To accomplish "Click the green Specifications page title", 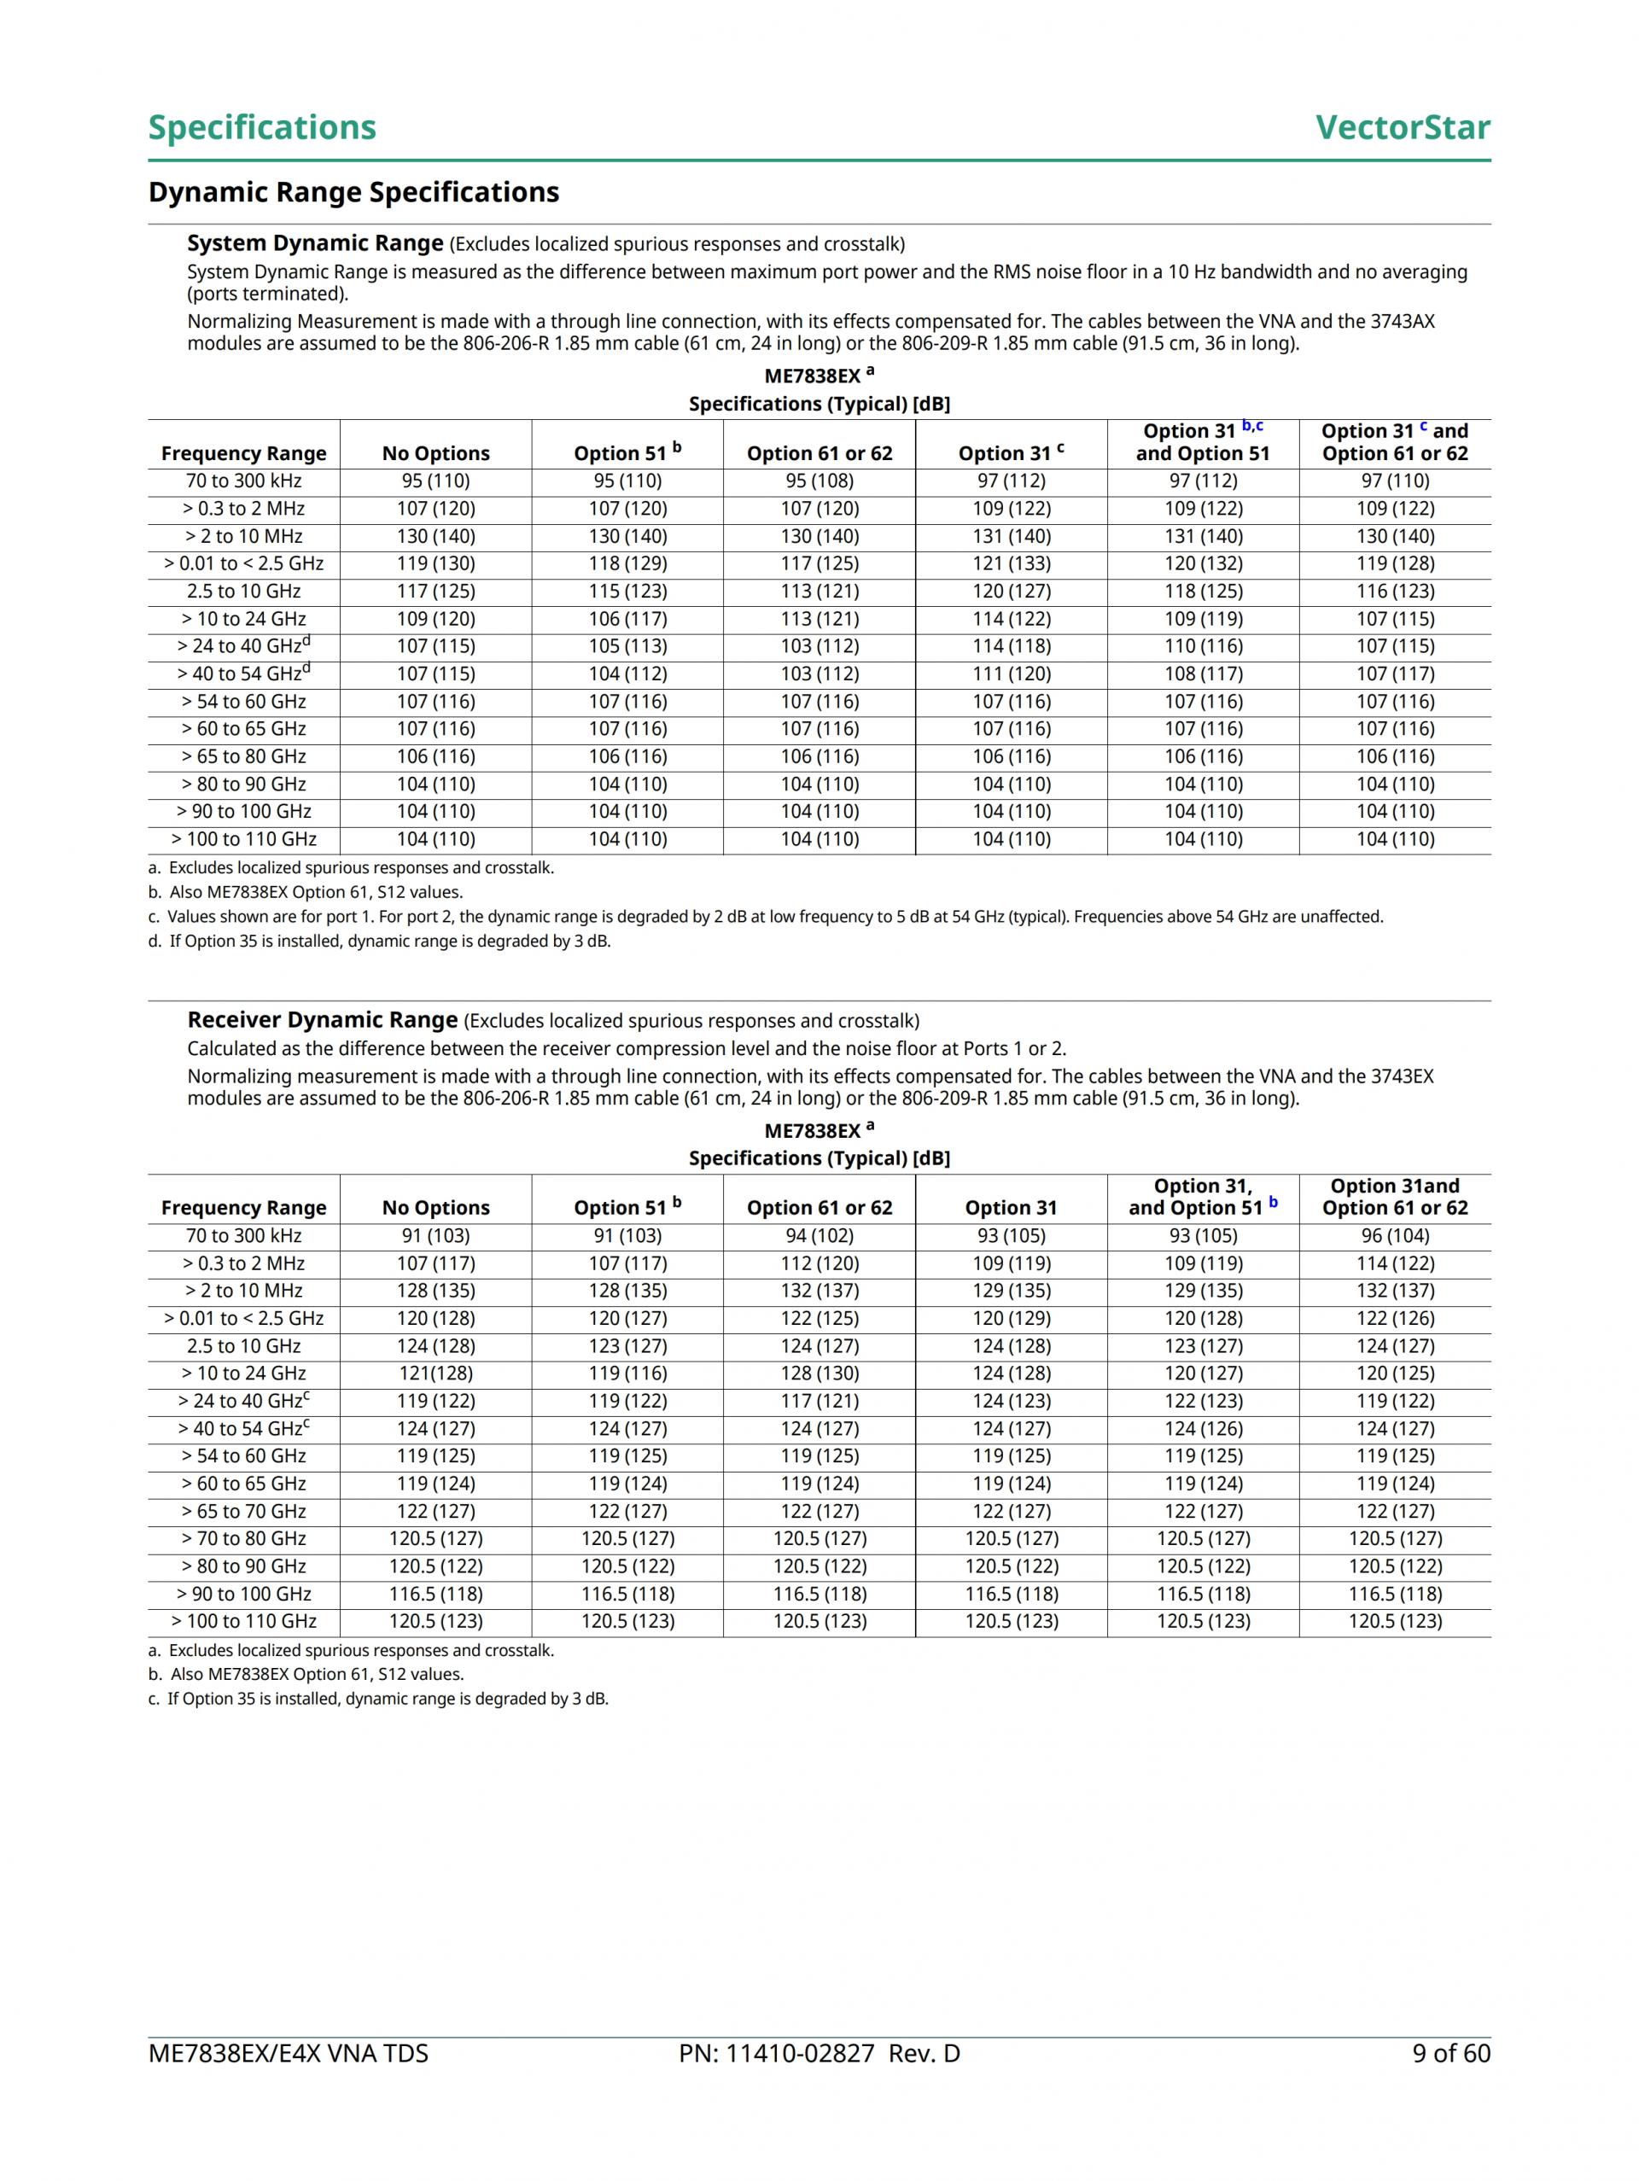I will click(x=261, y=127).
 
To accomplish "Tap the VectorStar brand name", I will click(x=1403, y=127).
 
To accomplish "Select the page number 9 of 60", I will click(x=1450, y=2053).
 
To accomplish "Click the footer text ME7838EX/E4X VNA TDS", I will click(x=288, y=2053).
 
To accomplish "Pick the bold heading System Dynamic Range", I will click(x=315, y=243).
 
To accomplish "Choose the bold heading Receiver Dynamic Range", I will click(x=323, y=1019).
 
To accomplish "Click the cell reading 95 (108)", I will click(x=819, y=481).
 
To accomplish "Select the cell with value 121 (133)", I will click(x=1011, y=564).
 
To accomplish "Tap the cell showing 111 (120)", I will click(x=1011, y=674).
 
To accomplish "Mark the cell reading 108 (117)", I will click(x=1203, y=674).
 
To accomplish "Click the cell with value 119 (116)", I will click(x=627, y=1373).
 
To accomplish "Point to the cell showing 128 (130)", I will click(x=819, y=1373).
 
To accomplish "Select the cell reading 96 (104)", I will click(x=1395, y=1235).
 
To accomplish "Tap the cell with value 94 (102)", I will click(x=819, y=1235).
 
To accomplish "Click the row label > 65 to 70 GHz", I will click(x=243, y=1512).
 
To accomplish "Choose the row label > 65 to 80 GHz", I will click(x=243, y=757).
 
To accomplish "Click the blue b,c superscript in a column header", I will click(x=1252, y=426).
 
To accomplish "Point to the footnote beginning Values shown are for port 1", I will click(x=774, y=917).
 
